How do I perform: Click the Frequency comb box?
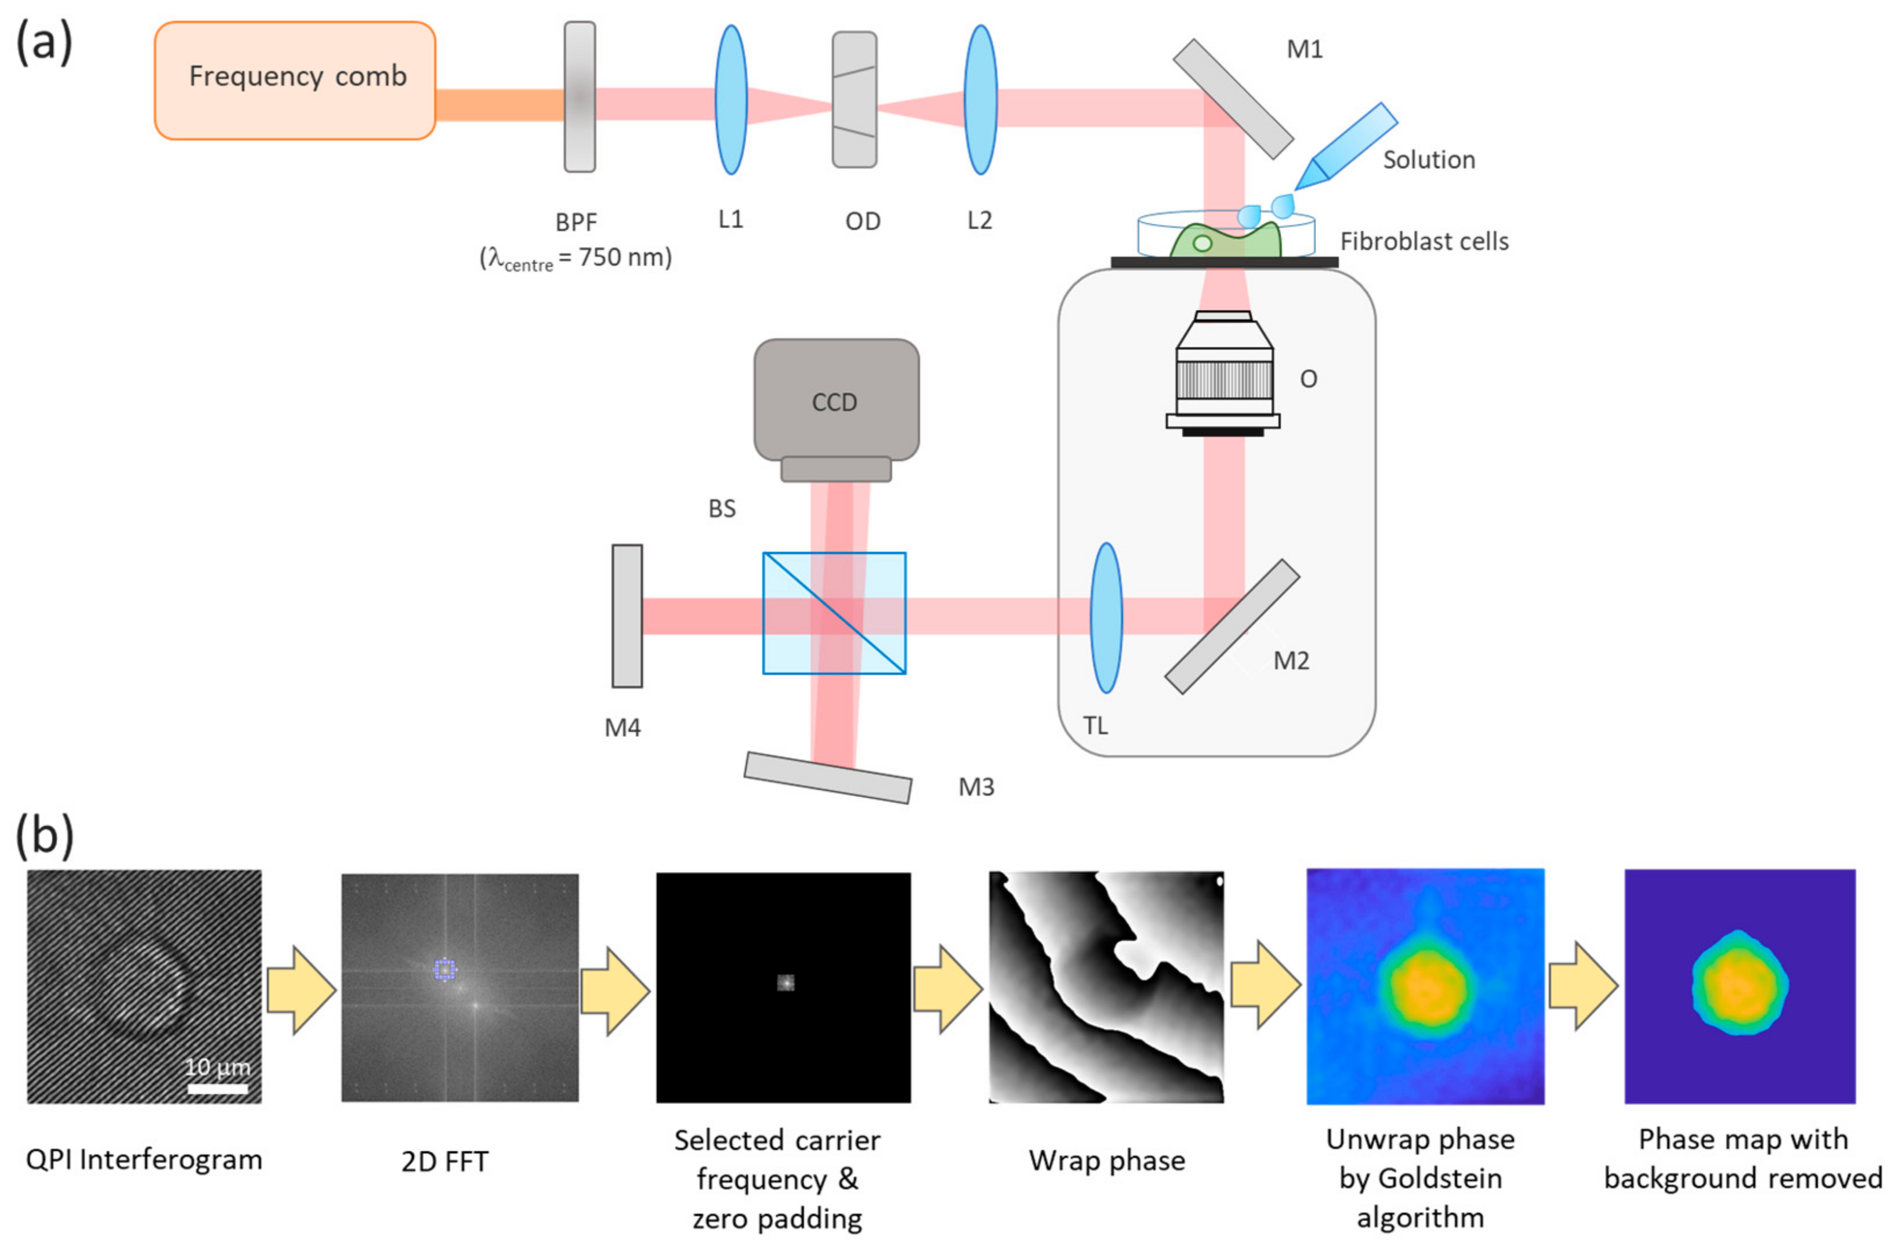click(295, 81)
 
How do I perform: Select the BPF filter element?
click(579, 96)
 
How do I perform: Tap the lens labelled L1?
click(730, 100)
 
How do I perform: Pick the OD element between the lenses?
click(854, 100)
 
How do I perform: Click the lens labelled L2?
click(980, 100)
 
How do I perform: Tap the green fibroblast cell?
click(1224, 240)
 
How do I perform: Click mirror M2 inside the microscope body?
click(1232, 626)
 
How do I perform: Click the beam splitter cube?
click(834, 613)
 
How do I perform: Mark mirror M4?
click(627, 616)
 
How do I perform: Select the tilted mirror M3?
click(828, 777)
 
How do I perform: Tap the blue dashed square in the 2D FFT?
click(444, 970)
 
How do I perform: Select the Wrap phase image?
click(1106, 988)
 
